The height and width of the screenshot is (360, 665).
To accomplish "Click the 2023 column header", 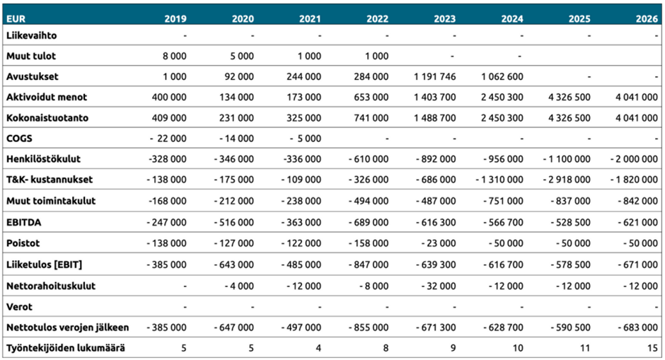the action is tap(444, 18).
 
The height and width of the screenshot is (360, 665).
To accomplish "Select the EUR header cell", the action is tap(16, 18).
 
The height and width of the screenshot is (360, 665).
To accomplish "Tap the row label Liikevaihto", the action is tap(31, 35).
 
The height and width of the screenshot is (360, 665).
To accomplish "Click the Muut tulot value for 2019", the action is tap(174, 56).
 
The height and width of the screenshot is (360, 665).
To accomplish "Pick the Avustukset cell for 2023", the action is tap(434, 77).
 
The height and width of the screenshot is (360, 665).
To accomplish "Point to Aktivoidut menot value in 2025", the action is tap(569, 97).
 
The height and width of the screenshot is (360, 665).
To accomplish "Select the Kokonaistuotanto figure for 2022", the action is tap(371, 118).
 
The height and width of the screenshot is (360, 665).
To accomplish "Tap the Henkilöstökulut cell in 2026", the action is tap(634, 159).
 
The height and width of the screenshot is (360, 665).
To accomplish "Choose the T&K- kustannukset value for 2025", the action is tap(567, 180).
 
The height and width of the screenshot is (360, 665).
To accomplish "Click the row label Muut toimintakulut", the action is tap(51, 201).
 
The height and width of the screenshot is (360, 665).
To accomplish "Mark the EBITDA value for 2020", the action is tap(234, 222).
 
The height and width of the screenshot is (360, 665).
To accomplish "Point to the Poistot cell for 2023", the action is tap(439, 243).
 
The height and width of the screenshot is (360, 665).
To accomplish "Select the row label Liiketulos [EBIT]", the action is tap(44, 265).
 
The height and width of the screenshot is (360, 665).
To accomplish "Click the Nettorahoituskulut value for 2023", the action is tap(439, 286).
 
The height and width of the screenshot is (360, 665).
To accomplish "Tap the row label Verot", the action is tap(19, 306).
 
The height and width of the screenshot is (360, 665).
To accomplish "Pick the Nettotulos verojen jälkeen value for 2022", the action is tap(369, 327).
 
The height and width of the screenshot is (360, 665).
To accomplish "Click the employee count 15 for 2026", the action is tap(652, 348).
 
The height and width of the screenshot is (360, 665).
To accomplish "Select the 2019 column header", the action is tap(175, 18).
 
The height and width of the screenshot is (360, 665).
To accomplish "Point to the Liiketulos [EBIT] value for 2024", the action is tap(503, 265).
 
